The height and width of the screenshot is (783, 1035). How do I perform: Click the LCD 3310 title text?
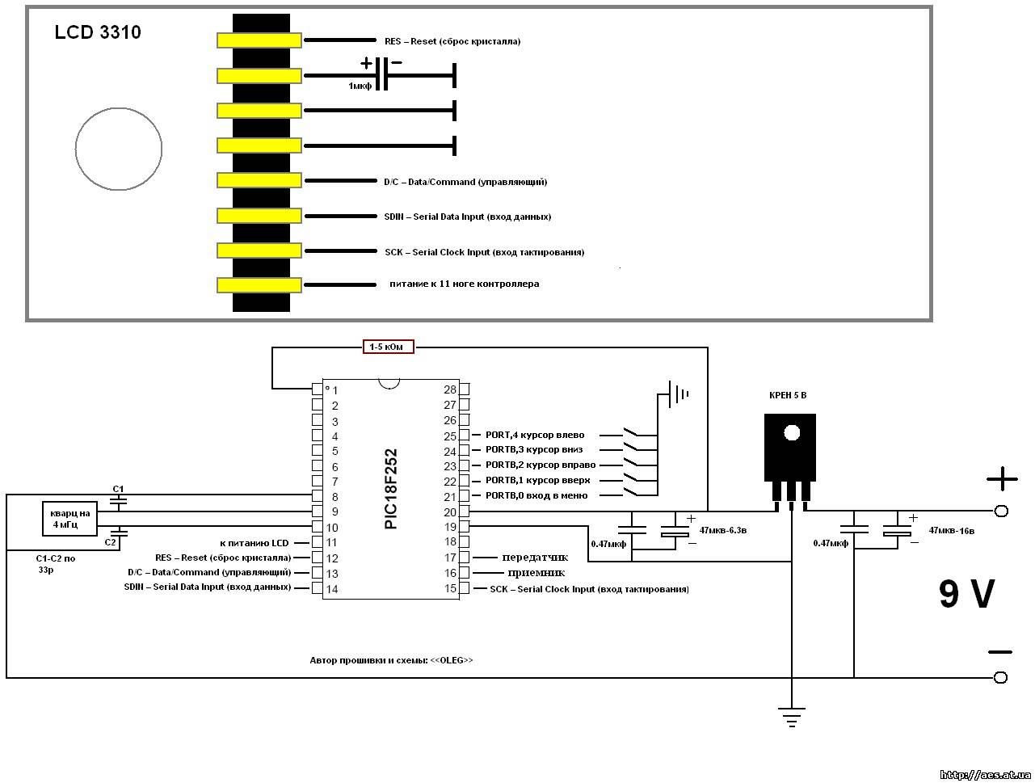pos(98,32)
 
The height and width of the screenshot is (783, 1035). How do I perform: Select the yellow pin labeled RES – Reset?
pos(259,40)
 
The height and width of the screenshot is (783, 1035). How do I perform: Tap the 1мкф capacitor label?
pos(360,86)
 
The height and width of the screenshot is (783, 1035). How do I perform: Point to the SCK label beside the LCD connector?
pos(484,252)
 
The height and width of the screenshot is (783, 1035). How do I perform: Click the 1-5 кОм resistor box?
pos(388,347)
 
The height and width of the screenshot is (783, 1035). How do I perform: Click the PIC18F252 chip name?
pos(391,489)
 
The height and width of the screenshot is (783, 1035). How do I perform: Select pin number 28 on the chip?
pos(450,389)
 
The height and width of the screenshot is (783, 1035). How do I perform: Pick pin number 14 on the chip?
pos(332,589)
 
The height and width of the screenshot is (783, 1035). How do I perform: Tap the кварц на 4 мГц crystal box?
pos(69,519)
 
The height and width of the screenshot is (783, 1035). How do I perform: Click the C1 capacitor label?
pos(118,489)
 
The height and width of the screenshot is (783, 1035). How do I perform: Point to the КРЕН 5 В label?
pos(788,395)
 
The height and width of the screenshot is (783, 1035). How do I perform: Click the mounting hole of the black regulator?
pos(792,432)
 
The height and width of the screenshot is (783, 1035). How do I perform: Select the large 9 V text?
pos(966,593)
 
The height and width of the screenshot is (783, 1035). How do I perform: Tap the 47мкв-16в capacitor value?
pos(952,531)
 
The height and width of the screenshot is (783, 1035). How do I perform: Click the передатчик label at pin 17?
pos(535,558)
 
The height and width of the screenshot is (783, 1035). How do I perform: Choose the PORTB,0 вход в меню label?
pos(536,495)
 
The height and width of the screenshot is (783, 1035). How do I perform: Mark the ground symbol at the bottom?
pos(792,717)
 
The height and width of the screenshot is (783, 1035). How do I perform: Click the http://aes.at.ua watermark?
pos(985,774)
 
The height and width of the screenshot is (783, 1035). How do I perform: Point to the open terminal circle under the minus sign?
pos(1000,677)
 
